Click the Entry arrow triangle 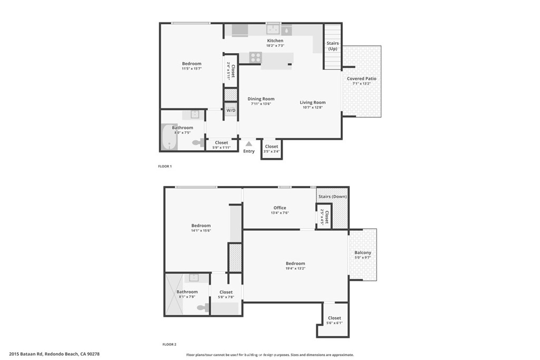[249, 143]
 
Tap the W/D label [231, 111]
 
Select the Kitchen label [275, 41]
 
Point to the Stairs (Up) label [333, 46]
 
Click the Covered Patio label [361, 79]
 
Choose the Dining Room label [261, 99]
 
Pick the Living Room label [313, 102]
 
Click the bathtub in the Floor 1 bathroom [169, 137]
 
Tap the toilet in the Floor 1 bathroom [198, 142]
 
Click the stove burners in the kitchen [255, 57]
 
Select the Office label [279, 208]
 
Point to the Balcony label [363, 253]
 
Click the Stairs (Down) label [332, 197]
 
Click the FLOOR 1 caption [165, 166]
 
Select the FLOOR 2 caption [169, 344]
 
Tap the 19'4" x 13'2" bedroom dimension [295, 268]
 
